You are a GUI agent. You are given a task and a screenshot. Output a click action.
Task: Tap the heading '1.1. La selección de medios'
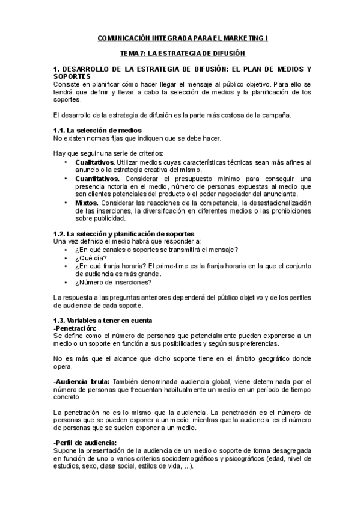tap(97, 130)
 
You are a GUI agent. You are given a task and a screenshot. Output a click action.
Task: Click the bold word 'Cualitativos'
tap(94, 162)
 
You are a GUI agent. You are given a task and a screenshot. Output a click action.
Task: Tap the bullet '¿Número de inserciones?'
tap(113, 282)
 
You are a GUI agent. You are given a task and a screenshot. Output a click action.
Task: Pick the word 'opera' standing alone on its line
tap(62, 366)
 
